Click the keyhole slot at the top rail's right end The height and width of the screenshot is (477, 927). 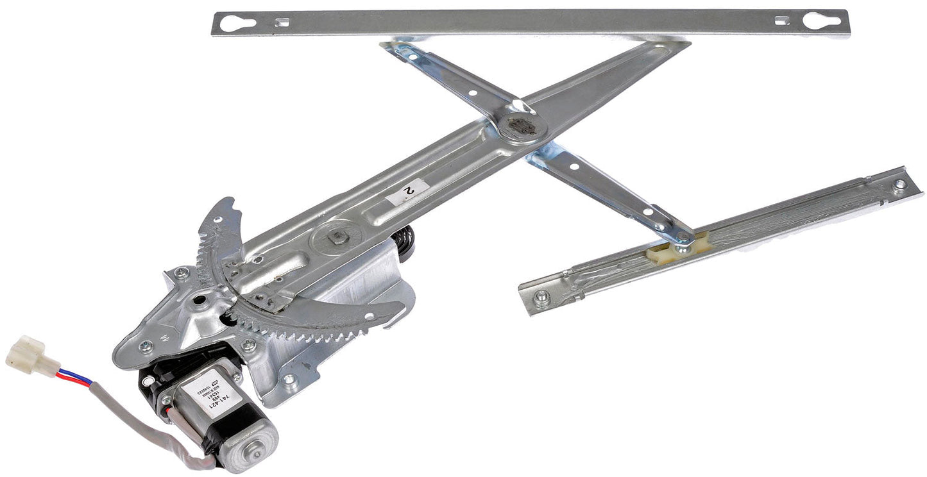[821, 21]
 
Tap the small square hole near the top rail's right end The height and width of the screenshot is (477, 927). [781, 21]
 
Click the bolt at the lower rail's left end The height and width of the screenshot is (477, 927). [542, 296]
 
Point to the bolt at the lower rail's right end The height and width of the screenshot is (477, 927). [899, 184]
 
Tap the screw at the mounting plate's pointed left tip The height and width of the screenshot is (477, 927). [147, 346]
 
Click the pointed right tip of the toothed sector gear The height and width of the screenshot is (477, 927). [402, 307]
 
